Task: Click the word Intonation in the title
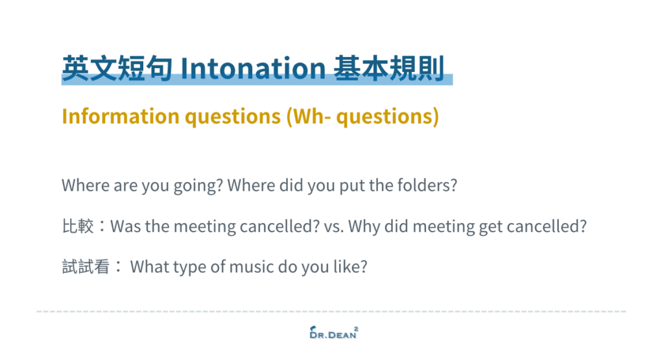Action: point(253,68)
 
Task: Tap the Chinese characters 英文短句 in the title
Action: point(117,68)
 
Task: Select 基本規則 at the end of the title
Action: point(389,68)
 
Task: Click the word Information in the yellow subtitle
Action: point(121,116)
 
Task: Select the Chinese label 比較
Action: point(78,226)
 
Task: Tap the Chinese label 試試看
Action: point(86,267)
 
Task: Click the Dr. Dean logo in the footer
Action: point(334,333)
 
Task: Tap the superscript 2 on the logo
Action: point(356,328)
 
